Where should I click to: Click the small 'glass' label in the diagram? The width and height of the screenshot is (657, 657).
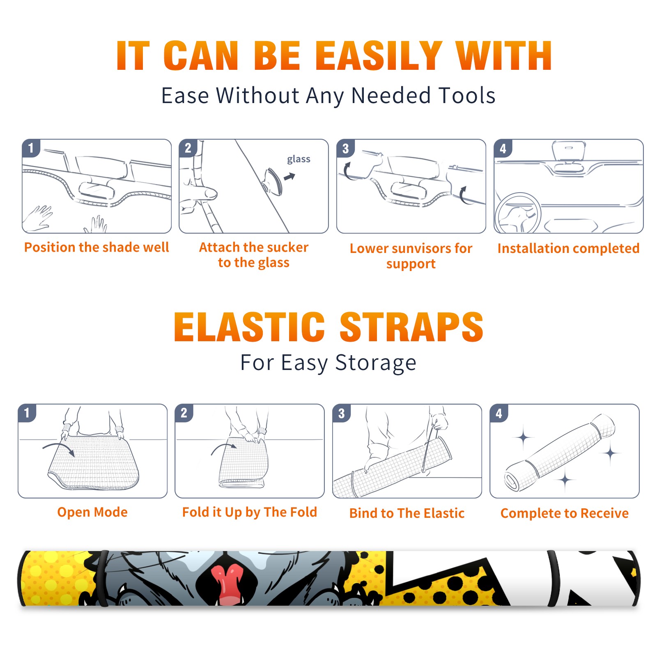[x=299, y=159]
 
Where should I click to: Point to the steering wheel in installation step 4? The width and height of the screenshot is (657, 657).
[x=518, y=213]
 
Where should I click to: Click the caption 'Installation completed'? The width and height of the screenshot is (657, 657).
[x=568, y=248]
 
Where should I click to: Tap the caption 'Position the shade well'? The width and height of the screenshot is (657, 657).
[x=96, y=247]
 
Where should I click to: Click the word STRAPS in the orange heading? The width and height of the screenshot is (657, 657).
[x=411, y=327]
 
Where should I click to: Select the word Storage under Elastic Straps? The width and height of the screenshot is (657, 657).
[x=376, y=363]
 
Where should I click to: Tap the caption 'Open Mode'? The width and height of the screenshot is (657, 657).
[x=92, y=512]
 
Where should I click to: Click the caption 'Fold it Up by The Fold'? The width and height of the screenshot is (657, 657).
[x=250, y=512]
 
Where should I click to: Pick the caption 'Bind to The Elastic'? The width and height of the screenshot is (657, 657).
[x=407, y=513]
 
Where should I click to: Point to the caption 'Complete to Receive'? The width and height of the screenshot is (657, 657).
[x=565, y=513]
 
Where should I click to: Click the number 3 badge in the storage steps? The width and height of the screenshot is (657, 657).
[x=342, y=413]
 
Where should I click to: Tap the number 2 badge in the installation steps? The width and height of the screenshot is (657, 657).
[x=188, y=148]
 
